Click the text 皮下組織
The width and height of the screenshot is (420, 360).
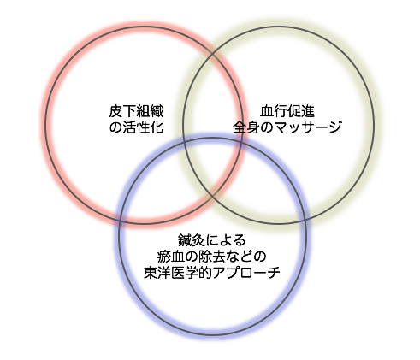coord(136,111)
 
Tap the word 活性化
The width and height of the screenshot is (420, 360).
coord(143,127)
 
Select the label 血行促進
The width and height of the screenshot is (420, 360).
coord(287,111)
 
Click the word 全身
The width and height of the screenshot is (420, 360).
coord(246,127)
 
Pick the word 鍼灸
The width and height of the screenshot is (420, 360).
coord(192,240)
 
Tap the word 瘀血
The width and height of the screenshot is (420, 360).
coord(170,257)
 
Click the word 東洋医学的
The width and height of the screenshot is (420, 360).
coord(178,273)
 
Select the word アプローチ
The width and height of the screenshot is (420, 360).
coord(245,273)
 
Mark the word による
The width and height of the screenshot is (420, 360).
coord(225,240)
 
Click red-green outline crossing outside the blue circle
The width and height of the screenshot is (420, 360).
coord(212,52)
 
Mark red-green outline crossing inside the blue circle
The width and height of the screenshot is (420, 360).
coord(212,197)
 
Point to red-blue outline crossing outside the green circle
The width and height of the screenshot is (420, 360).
coord(121,221)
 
